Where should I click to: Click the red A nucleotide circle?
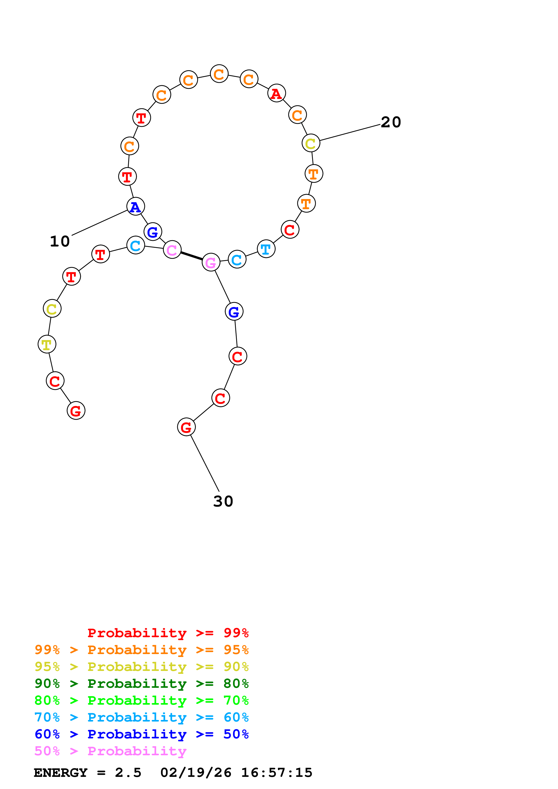pos(276,93)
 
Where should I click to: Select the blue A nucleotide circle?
pos(136,206)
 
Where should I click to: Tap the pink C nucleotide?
pos(172,250)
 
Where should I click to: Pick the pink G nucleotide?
pos(211,262)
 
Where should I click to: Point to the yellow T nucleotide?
pos(47,344)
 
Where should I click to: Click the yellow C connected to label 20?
pos(311,143)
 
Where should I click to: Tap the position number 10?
pos(60,241)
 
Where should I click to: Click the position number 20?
pos(391,122)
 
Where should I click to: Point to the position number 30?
pos(223,501)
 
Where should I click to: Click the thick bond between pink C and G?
pos(191,256)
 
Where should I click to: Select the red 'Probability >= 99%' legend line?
pos(168,633)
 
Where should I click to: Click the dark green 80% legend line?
pos(141,684)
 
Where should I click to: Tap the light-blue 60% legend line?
pos(141,717)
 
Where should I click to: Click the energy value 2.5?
pos(128,773)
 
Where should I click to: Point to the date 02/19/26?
pos(196,773)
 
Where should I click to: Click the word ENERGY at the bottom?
pos(61,773)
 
